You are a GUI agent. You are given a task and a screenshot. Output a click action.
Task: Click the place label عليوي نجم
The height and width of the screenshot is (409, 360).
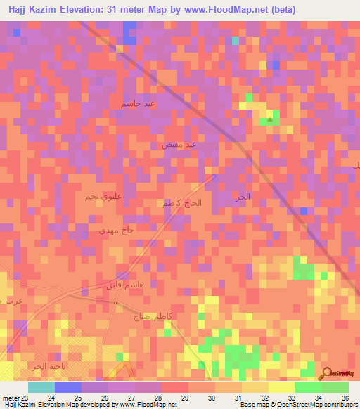92,197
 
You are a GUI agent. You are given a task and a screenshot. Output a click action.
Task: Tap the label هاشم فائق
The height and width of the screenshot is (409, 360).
105,285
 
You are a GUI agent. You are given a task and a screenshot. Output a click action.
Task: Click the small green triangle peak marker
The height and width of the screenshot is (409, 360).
271,119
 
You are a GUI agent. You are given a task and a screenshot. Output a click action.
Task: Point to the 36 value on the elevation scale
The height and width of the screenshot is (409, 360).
345,397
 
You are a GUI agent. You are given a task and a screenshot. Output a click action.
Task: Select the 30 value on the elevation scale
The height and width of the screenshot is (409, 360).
212,397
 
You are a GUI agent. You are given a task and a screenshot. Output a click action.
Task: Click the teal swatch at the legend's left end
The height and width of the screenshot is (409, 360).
41,387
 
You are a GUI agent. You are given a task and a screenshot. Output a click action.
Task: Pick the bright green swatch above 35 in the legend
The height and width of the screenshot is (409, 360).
309,387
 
